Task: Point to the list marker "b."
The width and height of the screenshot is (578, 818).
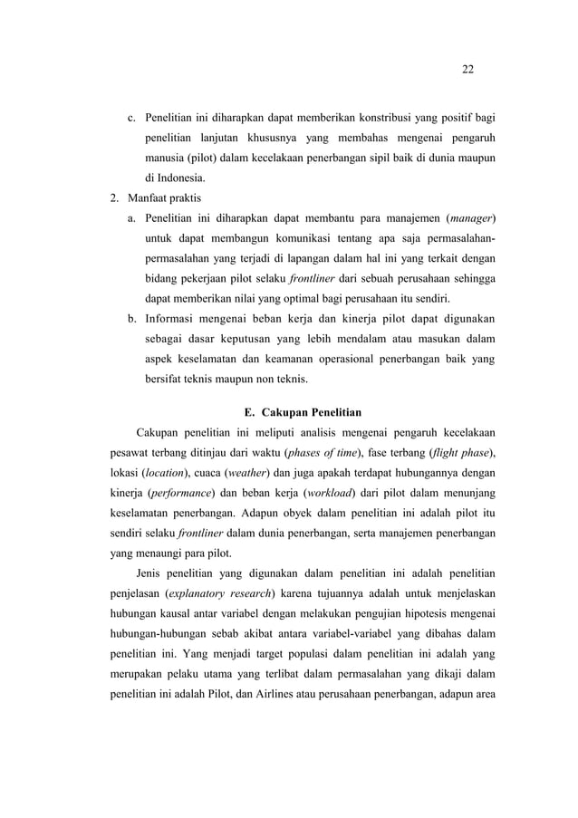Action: (x=131, y=318)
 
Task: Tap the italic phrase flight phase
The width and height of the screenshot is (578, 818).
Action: (x=465, y=452)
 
